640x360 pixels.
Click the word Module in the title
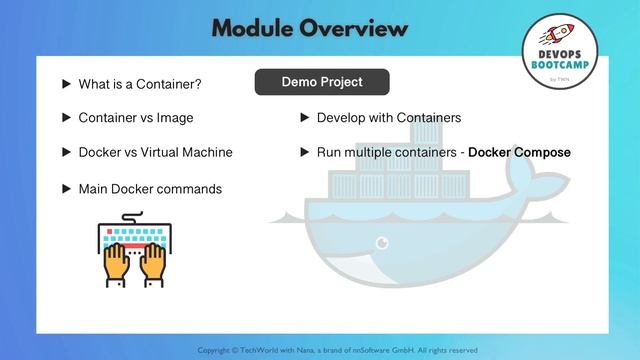point(256,26)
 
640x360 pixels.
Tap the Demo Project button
point(321,82)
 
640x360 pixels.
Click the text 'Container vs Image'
point(136,118)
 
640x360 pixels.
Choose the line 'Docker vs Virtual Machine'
point(155,153)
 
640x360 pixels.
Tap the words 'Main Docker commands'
point(150,188)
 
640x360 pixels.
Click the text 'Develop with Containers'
point(388,118)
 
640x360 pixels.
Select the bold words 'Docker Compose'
point(519,153)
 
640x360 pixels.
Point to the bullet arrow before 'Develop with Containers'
point(305,118)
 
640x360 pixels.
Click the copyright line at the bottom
point(337,350)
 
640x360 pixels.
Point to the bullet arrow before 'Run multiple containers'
point(305,153)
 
